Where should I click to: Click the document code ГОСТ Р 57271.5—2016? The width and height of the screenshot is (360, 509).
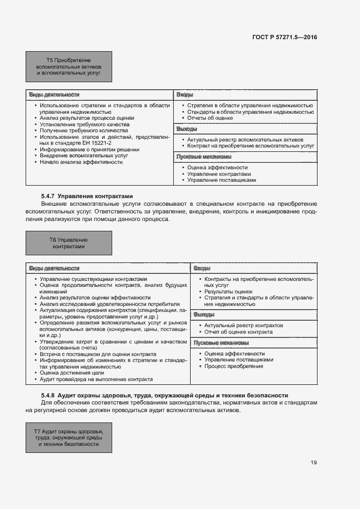coord(285,38)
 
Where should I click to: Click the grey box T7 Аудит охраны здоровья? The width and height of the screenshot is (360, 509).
coord(69,437)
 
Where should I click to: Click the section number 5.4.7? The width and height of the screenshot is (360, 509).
coord(48,196)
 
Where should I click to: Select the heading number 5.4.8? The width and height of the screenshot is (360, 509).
coord(48,395)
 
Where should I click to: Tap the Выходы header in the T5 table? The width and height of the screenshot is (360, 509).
coord(186,130)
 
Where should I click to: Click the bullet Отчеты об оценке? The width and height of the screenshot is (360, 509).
coord(210,118)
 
